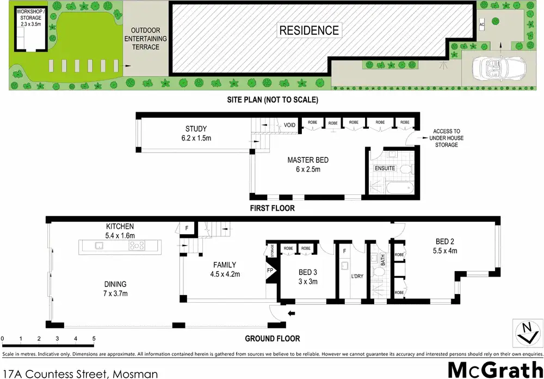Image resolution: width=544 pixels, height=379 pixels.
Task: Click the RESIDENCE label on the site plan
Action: coord(309,30)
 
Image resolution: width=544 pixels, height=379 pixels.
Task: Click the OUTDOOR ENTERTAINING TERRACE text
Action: coord(145,39)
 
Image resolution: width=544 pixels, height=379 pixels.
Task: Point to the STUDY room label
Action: coord(196,133)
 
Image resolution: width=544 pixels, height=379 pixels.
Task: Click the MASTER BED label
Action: coord(308,164)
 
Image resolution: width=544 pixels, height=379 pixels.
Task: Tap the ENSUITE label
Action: coord(385,168)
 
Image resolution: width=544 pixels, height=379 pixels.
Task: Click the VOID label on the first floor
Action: coord(290,125)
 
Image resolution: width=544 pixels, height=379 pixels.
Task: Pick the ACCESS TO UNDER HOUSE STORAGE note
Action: coord(446,138)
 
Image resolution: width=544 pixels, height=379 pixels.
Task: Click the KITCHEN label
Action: coord(120,231)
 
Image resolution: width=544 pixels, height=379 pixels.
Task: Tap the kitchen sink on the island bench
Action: coord(100,246)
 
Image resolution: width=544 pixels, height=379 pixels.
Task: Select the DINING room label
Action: coord(115,288)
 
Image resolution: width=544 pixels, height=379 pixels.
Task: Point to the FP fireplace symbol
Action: coord(270,270)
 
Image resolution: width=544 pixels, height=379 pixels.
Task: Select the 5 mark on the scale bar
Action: coord(94,339)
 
